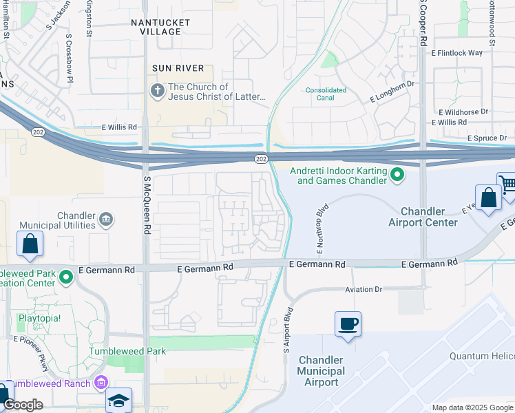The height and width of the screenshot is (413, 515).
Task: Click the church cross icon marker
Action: click(157, 90)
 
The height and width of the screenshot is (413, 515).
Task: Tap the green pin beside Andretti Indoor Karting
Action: click(397, 176)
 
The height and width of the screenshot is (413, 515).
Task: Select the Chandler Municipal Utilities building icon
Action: click(106, 220)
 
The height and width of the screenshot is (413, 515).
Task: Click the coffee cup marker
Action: click(348, 324)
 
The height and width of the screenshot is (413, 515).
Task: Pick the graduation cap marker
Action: click(119, 401)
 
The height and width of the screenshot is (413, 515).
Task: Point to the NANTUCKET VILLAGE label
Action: click(160, 28)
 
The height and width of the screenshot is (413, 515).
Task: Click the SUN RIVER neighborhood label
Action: click(178, 68)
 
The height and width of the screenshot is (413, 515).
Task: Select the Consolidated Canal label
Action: click(320, 94)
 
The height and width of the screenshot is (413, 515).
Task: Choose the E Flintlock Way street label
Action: click(456, 52)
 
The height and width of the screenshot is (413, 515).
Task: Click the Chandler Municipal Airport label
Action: click(321, 371)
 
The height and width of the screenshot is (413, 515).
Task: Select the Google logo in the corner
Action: click(23, 405)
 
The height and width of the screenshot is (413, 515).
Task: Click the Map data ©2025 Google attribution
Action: click(472, 407)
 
